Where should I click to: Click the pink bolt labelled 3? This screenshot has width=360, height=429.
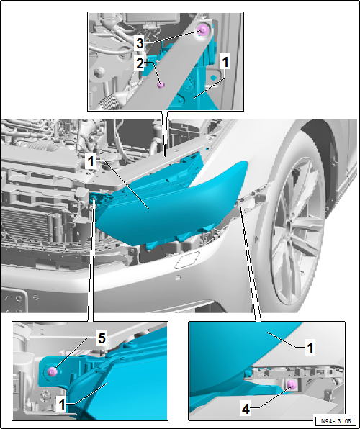[204, 30]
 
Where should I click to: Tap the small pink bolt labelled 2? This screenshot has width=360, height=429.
[161, 85]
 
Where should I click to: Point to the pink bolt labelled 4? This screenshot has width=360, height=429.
[292, 385]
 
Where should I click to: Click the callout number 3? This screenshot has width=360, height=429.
[140, 43]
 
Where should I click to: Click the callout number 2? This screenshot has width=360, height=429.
[140, 64]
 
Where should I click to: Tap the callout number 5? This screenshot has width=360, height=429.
[102, 339]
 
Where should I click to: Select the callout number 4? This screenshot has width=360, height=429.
[246, 410]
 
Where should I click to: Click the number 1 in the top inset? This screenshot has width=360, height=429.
[225, 63]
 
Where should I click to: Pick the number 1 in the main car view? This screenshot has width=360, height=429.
[91, 162]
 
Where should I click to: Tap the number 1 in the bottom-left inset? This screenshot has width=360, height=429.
[63, 405]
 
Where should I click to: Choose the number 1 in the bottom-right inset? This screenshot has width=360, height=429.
[310, 348]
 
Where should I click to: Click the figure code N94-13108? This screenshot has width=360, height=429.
[336, 420]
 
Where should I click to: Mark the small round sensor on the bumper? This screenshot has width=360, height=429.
[178, 278]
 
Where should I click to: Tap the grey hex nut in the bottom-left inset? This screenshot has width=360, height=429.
[43, 394]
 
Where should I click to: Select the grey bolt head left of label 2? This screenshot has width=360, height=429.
[99, 72]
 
